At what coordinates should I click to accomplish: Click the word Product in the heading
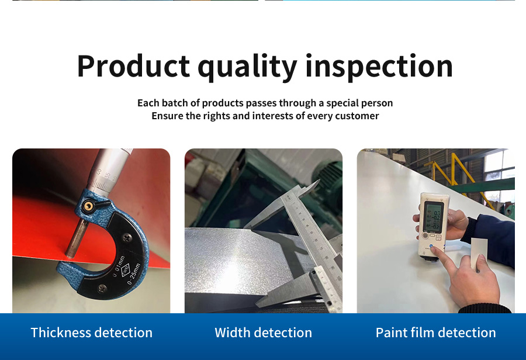(x=133, y=66)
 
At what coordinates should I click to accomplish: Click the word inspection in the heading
(x=379, y=66)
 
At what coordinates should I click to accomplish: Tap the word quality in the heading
(x=247, y=67)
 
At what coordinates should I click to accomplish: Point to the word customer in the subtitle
(x=357, y=116)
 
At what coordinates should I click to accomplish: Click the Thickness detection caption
(x=92, y=333)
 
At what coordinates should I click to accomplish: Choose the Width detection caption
(x=264, y=333)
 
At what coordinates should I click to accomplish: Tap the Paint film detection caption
(x=436, y=333)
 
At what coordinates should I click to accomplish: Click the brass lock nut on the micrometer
(x=89, y=206)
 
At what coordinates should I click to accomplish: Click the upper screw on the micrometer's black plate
(x=126, y=237)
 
